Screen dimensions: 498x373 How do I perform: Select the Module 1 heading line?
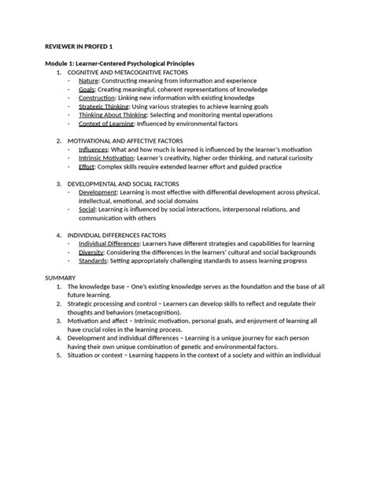point(120,63)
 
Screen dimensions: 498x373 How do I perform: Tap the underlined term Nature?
point(89,80)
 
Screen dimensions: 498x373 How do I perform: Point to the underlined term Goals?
point(87,89)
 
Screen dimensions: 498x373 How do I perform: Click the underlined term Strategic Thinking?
point(104,106)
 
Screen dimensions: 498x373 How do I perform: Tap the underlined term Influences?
point(94,150)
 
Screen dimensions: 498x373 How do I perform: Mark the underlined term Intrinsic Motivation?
point(105,158)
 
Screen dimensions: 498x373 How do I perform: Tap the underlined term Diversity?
point(92,252)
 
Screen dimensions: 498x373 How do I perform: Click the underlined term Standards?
point(94,261)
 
